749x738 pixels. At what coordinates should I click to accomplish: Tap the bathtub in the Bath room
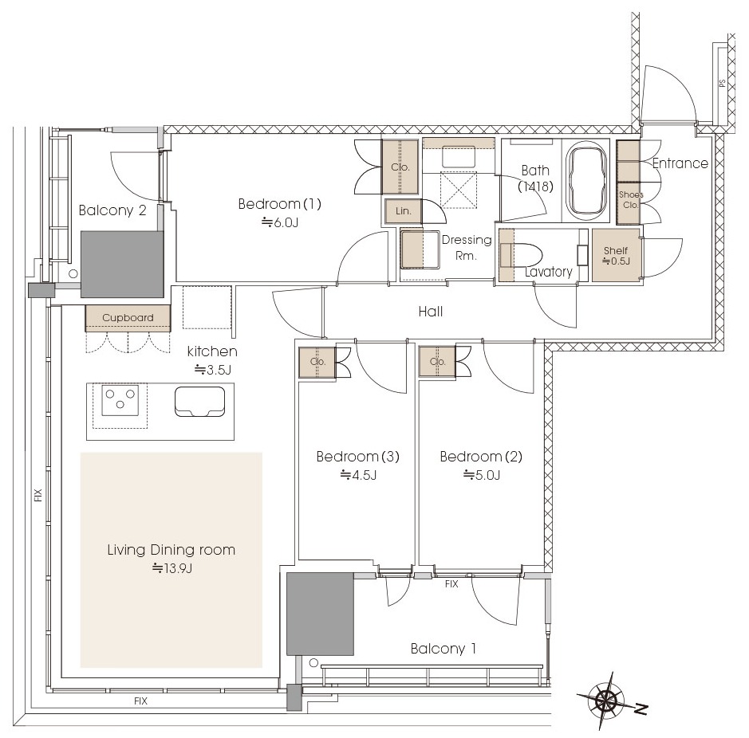[586, 182]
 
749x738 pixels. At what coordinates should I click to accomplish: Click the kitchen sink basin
[199, 401]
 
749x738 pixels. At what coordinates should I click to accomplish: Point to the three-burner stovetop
[120, 399]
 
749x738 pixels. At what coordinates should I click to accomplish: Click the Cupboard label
[128, 317]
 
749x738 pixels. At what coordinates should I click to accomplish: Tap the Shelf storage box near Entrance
[616, 255]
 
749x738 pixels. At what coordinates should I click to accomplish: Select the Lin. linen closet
[403, 211]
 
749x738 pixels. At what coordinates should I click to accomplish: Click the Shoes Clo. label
[631, 199]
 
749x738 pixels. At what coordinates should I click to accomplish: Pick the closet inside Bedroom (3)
[317, 362]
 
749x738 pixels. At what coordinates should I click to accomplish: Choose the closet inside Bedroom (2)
[437, 362]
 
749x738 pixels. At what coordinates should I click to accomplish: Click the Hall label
[431, 312]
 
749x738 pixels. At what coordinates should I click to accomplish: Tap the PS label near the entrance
[722, 83]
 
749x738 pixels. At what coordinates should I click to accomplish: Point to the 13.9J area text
[172, 568]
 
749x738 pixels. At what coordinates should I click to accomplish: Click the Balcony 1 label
[443, 649]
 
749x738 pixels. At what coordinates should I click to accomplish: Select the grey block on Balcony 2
[122, 265]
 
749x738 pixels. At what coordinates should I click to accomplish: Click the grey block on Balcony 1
[320, 614]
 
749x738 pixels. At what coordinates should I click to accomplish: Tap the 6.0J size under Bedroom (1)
[280, 222]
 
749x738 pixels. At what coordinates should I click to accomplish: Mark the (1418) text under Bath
[535, 186]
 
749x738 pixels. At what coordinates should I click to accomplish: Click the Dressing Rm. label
[466, 247]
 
